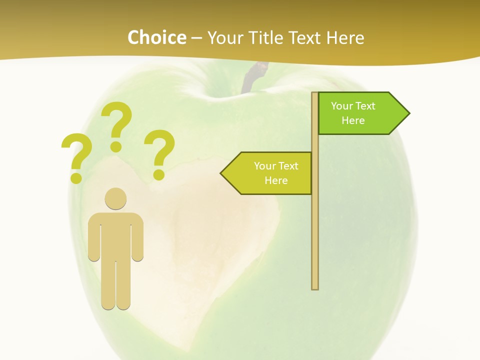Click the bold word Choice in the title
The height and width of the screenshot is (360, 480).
[156, 37]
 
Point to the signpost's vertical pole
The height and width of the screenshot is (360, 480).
[315, 225]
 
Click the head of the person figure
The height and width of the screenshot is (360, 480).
[115, 198]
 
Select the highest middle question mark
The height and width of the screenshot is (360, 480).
[117, 125]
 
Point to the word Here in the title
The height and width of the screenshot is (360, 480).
[345, 37]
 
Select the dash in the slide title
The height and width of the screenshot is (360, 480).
[196, 38]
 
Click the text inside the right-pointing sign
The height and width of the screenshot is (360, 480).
[353, 113]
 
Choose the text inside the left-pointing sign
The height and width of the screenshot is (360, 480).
[276, 173]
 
